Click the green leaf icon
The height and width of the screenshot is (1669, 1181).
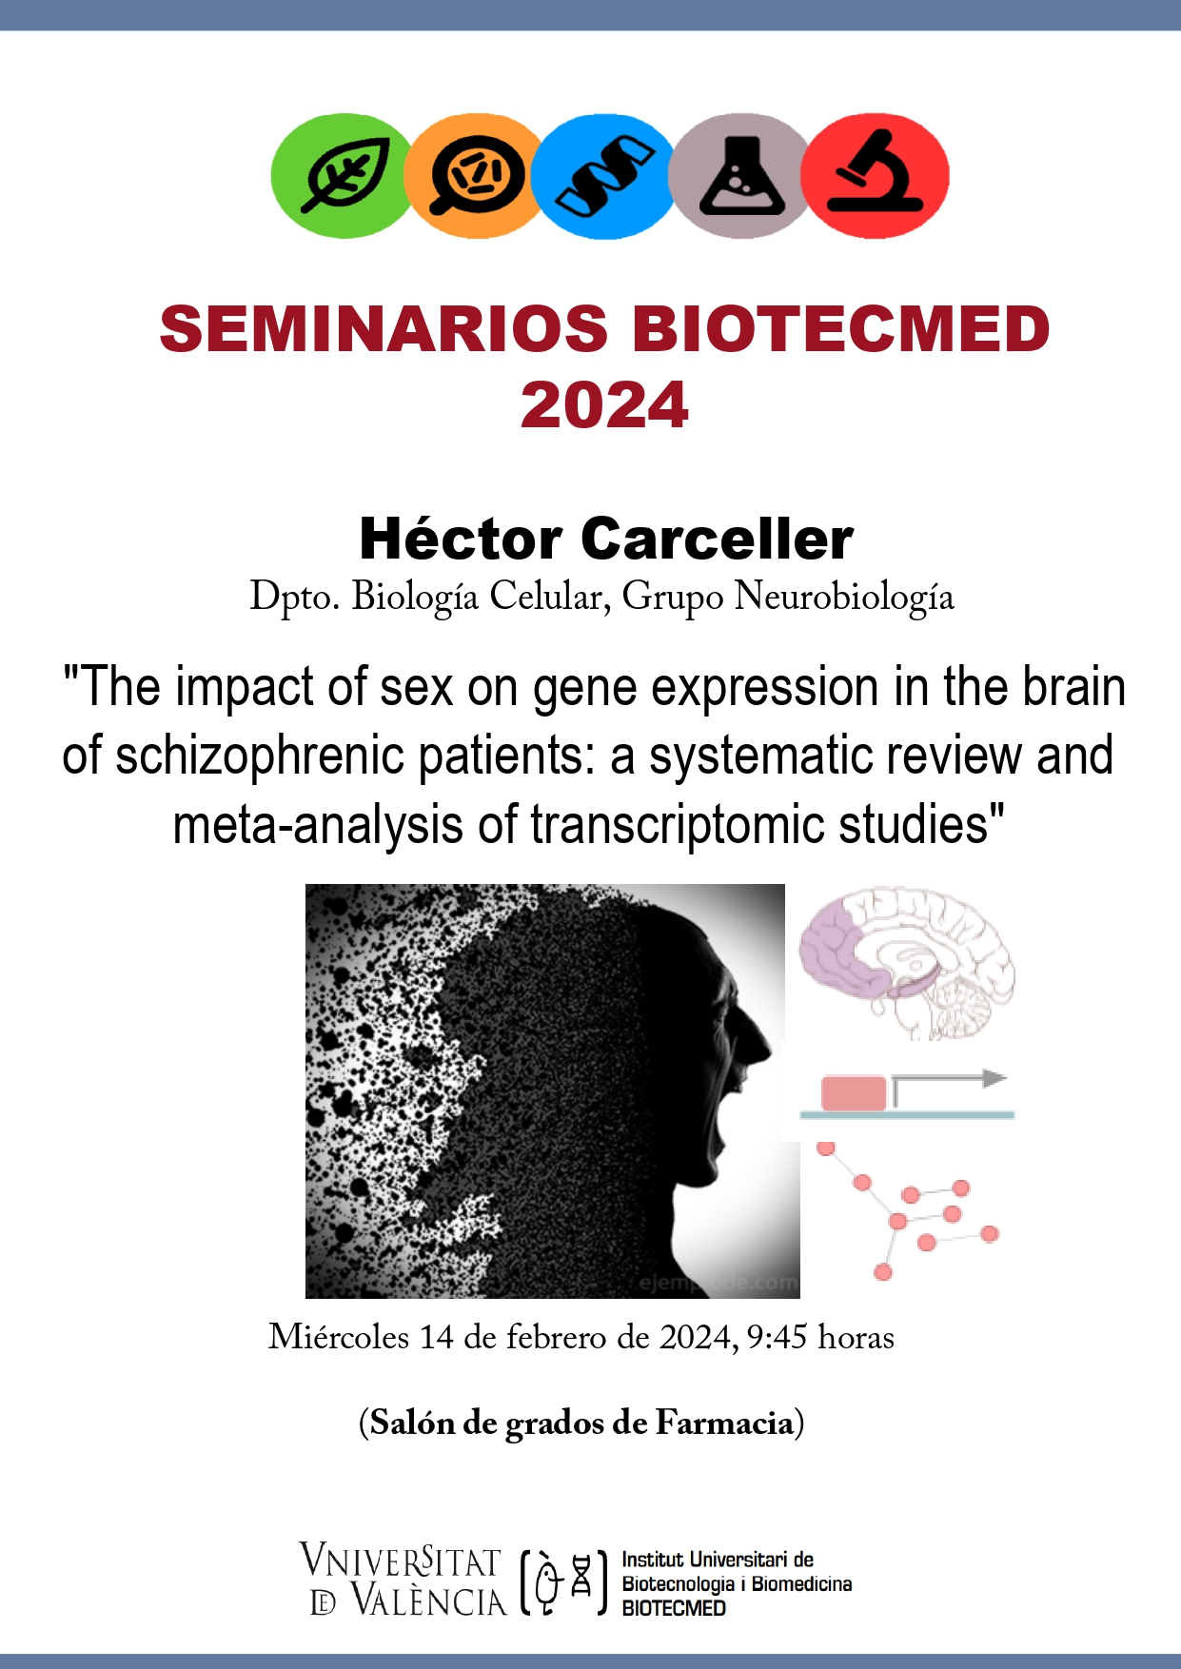click(x=343, y=176)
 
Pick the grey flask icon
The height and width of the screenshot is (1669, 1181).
click(x=740, y=176)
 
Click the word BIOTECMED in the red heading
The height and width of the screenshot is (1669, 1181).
click(x=841, y=329)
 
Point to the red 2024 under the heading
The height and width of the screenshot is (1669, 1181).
click(x=604, y=405)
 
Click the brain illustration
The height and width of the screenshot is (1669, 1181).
click(x=907, y=963)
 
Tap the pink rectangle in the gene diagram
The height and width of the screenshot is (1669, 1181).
click(x=854, y=1093)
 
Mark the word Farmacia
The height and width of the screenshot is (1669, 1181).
click(x=724, y=1424)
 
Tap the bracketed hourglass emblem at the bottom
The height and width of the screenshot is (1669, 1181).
click(x=563, y=1583)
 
